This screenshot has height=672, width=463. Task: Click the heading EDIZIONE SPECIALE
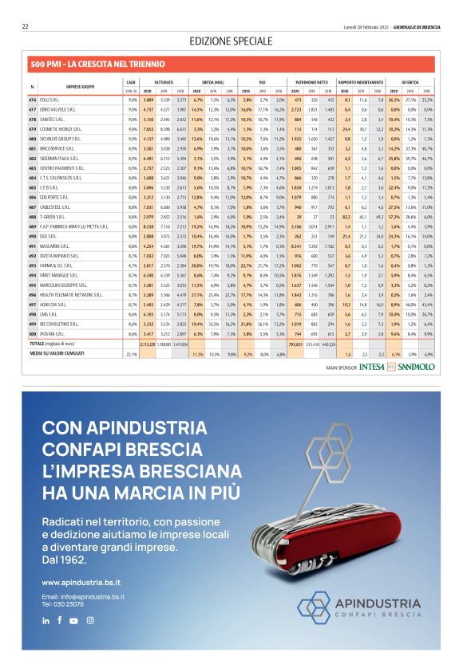pos(231,41)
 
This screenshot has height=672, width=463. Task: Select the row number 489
pos(32,226)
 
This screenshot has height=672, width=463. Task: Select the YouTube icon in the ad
pos(74,620)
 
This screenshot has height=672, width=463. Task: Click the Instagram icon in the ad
pos(90,620)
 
